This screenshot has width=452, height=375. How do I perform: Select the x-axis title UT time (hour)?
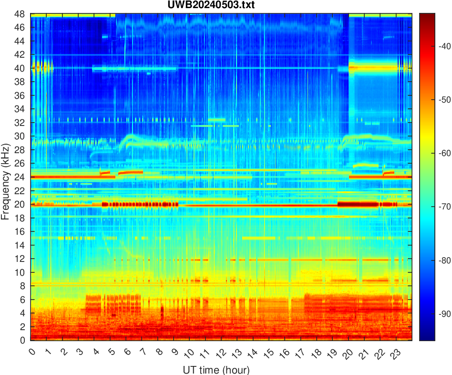point(216,369)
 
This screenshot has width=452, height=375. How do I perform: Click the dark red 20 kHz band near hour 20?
point(358,204)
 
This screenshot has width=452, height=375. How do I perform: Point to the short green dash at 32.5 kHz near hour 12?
point(217,119)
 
